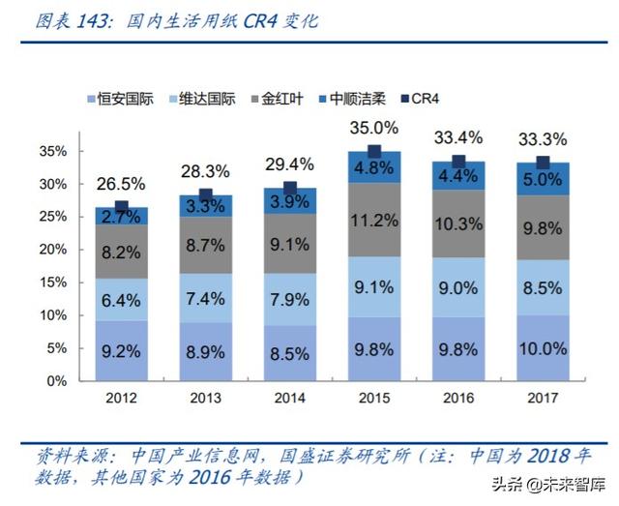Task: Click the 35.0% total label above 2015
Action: pos(373,128)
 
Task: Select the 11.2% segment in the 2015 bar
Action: pos(373,220)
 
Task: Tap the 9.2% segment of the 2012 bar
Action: pos(121,350)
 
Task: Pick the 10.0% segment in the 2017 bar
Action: pos(542,348)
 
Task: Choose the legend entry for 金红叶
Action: pos(283,98)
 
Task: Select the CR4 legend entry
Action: pos(424,98)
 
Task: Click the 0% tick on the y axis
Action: pos(57,380)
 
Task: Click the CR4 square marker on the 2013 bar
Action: pos(205,195)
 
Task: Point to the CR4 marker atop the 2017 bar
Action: pos(542,163)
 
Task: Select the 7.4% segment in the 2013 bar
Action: pos(205,297)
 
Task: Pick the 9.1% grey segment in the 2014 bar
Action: pos(289,244)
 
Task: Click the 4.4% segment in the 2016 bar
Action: pos(457,176)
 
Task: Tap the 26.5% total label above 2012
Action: pos(121,183)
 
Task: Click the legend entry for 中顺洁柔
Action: pos(360,98)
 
